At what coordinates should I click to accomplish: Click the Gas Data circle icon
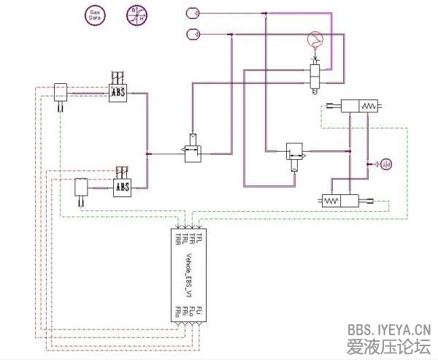(x=94, y=16)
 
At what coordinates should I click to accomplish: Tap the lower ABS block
(x=123, y=188)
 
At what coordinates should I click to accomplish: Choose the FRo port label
(x=177, y=312)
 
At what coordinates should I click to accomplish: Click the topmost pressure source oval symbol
(x=193, y=12)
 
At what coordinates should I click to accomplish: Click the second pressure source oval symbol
(x=193, y=33)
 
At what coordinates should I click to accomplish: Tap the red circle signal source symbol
(x=313, y=39)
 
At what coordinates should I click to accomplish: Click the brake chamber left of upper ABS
(x=60, y=91)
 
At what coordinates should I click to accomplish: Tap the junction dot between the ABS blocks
(x=148, y=154)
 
